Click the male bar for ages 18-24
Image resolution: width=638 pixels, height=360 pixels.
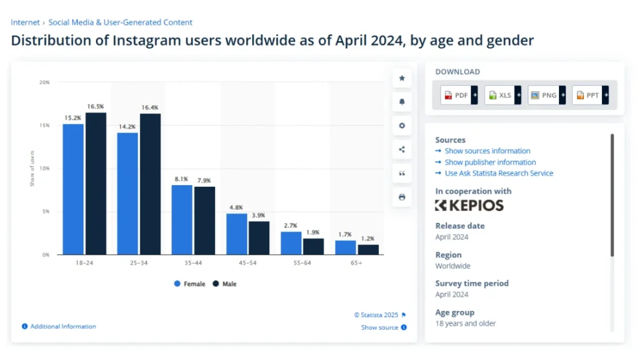pos(96,184)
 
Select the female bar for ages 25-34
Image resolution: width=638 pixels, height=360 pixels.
pos(128,193)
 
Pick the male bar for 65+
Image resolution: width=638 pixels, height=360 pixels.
pos(368,249)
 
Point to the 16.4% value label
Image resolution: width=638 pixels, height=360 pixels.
pos(150,108)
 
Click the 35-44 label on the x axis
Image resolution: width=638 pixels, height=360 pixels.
pos(194,263)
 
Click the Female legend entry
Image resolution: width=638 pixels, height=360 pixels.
pos(190,284)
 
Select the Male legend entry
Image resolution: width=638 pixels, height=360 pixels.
pos(225,284)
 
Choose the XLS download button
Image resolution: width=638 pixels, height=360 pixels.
pos(500,95)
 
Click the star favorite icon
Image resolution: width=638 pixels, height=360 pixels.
pos(402,78)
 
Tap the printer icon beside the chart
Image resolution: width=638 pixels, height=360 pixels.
pos(402,197)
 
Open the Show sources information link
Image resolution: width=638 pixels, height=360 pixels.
pos(487,151)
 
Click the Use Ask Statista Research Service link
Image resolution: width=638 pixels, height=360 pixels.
pos(498,173)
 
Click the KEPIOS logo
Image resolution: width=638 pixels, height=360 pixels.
pos(469,206)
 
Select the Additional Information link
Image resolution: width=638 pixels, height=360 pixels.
pos(63,326)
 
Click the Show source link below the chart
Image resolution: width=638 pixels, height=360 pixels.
pos(379,328)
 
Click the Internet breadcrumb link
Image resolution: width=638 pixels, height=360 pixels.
pos(24,22)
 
